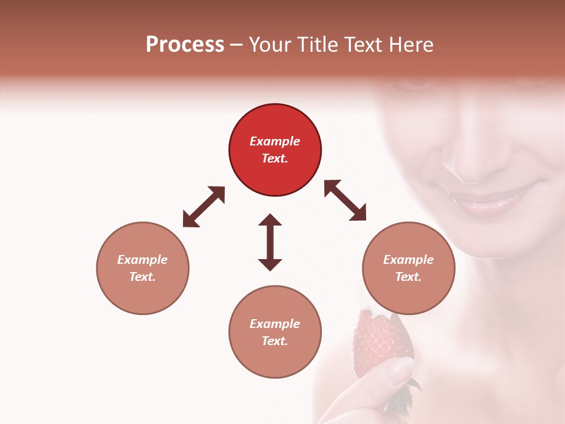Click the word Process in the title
(x=185, y=45)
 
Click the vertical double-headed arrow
(x=270, y=242)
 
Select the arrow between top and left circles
(x=204, y=207)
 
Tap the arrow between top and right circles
(x=345, y=200)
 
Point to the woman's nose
(x=477, y=159)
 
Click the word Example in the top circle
(x=275, y=141)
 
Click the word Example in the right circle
(x=408, y=260)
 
